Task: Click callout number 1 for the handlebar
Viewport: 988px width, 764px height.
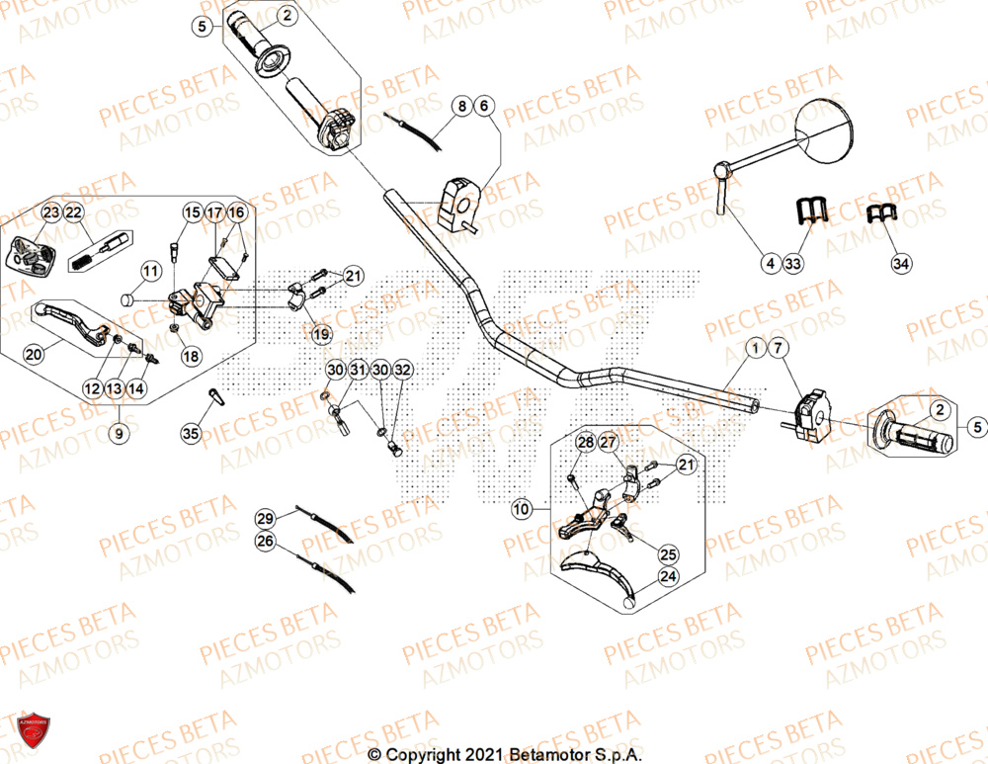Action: (x=756, y=348)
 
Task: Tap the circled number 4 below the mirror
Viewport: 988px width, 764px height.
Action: (x=770, y=264)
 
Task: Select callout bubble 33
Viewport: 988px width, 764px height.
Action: (x=793, y=264)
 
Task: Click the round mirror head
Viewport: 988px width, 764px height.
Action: (x=832, y=129)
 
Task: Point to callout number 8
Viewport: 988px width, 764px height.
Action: (x=461, y=106)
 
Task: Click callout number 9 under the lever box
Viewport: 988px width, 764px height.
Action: (x=121, y=432)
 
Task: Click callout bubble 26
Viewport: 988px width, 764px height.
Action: (x=265, y=541)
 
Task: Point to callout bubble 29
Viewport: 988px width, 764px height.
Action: (x=265, y=519)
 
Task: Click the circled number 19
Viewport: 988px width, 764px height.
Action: (x=322, y=335)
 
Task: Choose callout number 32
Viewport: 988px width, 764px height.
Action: (x=402, y=370)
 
